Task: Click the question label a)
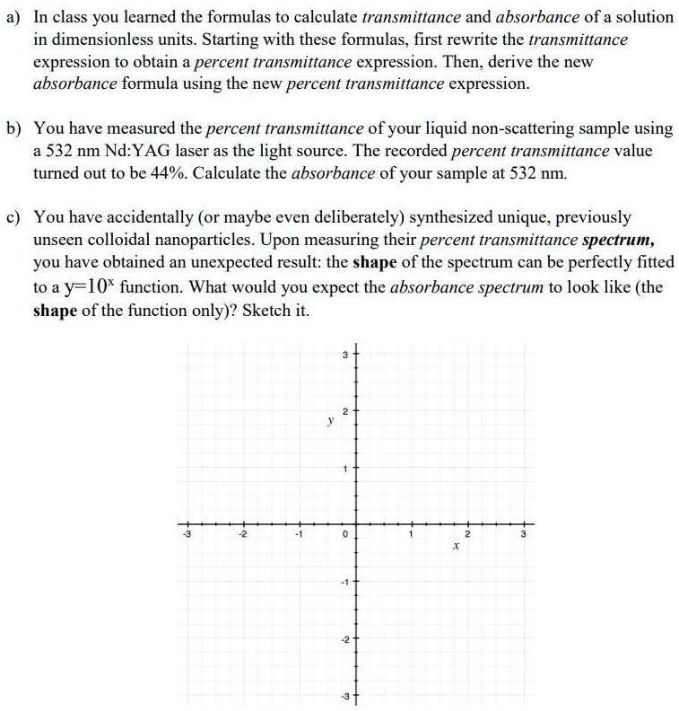pos(13,18)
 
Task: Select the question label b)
pos(13,129)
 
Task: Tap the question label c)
pos(13,218)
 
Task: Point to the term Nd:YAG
pos(129,151)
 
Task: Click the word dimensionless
pos(91,40)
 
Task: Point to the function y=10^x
pos(82,288)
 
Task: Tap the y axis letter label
pos(330,417)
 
